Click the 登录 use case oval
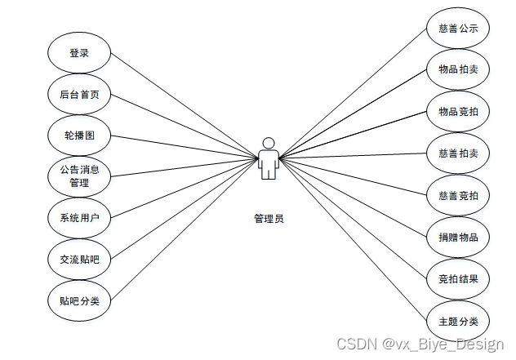[78, 53]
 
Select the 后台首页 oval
[78, 95]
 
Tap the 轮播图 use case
[78, 135]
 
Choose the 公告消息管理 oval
[78, 176]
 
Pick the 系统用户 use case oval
[78, 218]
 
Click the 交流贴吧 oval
[78, 260]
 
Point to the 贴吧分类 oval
[78, 301]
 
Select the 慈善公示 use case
[458, 29]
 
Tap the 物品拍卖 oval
[458, 70]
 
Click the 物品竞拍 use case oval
[458, 112]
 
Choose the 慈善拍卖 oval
[458, 153]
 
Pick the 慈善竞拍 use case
[458, 195]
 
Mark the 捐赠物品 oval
[458, 237]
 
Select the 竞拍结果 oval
[458, 278]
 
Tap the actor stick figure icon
[268, 159]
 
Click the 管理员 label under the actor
[269, 219]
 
